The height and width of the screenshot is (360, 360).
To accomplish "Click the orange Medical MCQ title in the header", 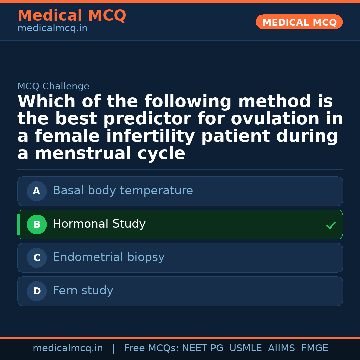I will click(x=72, y=16).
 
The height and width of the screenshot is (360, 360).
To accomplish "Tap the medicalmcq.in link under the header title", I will click(x=52, y=29).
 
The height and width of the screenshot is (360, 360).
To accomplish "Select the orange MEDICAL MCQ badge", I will click(x=299, y=22).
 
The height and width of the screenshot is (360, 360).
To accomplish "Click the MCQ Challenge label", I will click(x=53, y=87).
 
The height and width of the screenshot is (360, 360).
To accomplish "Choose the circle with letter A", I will click(x=37, y=191).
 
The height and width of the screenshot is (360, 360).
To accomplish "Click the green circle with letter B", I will click(x=37, y=225).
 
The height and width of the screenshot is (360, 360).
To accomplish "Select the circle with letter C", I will click(x=37, y=258).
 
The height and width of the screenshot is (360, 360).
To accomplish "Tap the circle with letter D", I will click(x=37, y=291).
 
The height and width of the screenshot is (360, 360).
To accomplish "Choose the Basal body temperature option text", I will click(x=123, y=191).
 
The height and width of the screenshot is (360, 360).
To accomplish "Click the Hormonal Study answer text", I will click(x=99, y=224).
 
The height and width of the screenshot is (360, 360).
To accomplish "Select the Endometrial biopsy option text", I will click(x=108, y=257).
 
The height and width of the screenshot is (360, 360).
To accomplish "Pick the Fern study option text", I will click(x=83, y=291).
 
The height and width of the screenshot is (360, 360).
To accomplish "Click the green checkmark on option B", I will click(x=331, y=225).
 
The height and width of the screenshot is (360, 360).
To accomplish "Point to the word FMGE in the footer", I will click(x=314, y=348).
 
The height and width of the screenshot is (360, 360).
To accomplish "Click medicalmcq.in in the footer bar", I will click(x=68, y=348).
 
